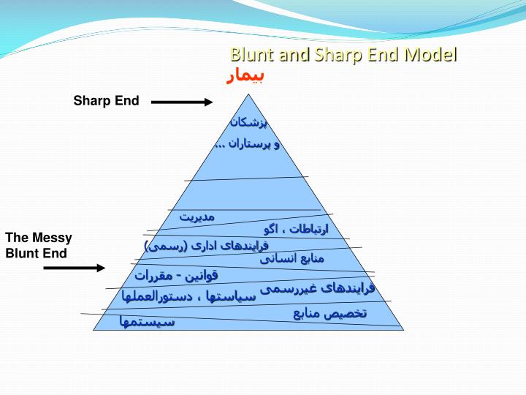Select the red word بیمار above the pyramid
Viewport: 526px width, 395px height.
click(245, 76)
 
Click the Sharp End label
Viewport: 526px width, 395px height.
click(106, 101)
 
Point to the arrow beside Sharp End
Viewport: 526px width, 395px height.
click(182, 102)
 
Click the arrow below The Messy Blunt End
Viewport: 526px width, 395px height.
click(75, 268)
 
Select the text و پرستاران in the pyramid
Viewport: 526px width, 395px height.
click(248, 144)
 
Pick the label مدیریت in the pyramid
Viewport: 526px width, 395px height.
click(197, 217)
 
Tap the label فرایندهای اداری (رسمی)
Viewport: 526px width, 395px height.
click(207, 246)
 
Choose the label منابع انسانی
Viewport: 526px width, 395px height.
click(291, 258)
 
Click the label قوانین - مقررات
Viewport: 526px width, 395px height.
click(176, 276)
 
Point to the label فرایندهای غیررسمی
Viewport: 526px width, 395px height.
click(317, 288)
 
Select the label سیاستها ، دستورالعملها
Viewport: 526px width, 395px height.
click(188, 297)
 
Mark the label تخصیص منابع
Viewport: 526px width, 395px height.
click(330, 314)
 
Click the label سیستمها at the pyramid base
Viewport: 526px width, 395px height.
click(148, 321)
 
